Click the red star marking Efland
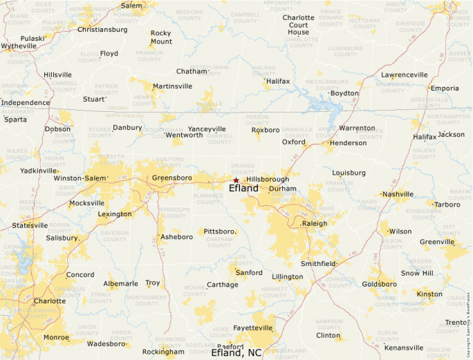236,180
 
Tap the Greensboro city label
171,178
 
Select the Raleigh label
314,223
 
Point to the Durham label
282,189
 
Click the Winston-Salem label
80,178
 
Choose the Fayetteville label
252,327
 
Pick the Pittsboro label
219,231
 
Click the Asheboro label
176,236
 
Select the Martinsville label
172,86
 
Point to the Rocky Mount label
161,37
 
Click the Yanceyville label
207,129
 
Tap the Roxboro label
266,129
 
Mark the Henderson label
348,143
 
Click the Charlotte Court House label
299,25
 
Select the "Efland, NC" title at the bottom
236,352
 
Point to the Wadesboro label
106,343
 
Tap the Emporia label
444,88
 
